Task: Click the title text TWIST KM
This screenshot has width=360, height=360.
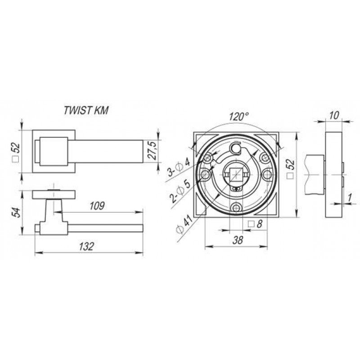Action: pyautogui.click(x=85, y=110)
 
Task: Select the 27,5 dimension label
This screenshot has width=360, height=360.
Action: pyautogui.click(x=152, y=151)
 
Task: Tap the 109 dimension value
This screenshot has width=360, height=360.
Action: pyautogui.click(x=97, y=206)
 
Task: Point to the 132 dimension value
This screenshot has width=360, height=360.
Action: pyautogui.click(x=86, y=247)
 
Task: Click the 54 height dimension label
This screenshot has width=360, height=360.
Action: pyautogui.click(x=16, y=212)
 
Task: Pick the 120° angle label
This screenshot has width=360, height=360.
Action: pyautogui.click(x=239, y=117)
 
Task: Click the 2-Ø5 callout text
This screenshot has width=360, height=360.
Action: pyautogui.click(x=180, y=191)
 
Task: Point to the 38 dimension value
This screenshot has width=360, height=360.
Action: pyautogui.click(x=238, y=240)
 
